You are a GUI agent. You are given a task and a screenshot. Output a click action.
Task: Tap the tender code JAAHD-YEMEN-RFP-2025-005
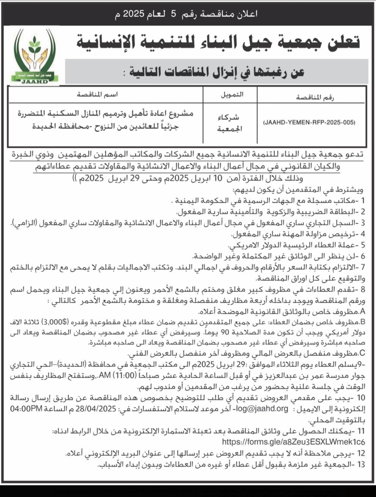point(309,122)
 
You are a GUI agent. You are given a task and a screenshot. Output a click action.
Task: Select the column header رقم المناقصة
point(315,98)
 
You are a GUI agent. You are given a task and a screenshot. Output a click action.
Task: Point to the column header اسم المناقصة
point(97,95)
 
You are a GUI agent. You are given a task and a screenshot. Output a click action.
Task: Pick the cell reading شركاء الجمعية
point(229,123)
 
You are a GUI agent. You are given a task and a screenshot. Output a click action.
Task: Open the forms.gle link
point(293,442)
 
